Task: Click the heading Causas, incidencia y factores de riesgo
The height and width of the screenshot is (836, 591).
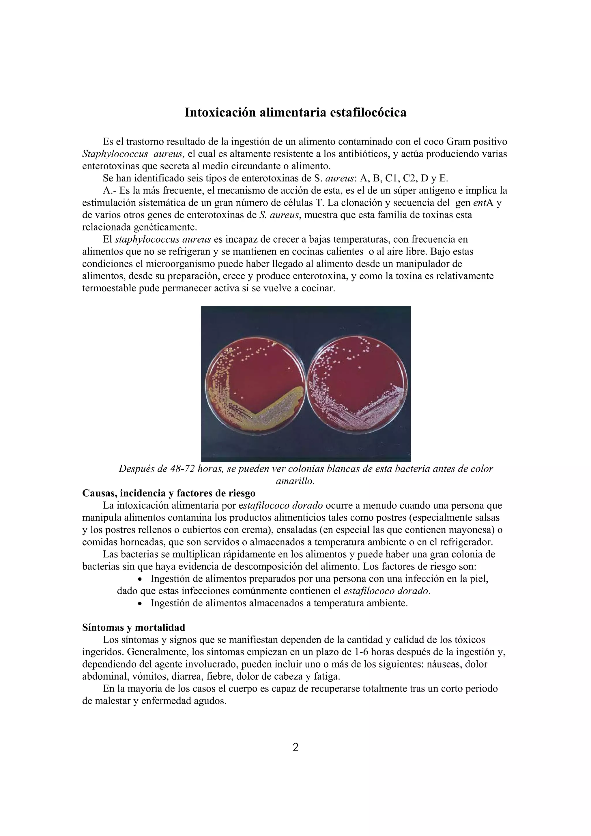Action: [169, 493]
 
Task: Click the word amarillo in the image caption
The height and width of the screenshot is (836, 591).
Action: [295, 481]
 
